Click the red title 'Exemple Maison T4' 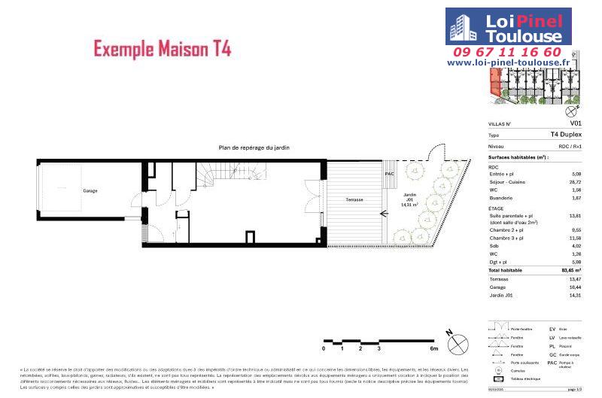(x=162, y=49)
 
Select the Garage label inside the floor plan (x=90, y=191)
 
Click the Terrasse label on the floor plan (x=354, y=199)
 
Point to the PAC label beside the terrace (x=389, y=173)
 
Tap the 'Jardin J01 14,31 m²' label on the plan (x=409, y=199)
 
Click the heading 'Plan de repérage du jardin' (x=254, y=148)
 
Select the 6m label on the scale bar (x=433, y=349)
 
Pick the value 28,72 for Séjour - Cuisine (x=576, y=183)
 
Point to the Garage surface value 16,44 (x=576, y=287)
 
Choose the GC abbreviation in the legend (x=552, y=354)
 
